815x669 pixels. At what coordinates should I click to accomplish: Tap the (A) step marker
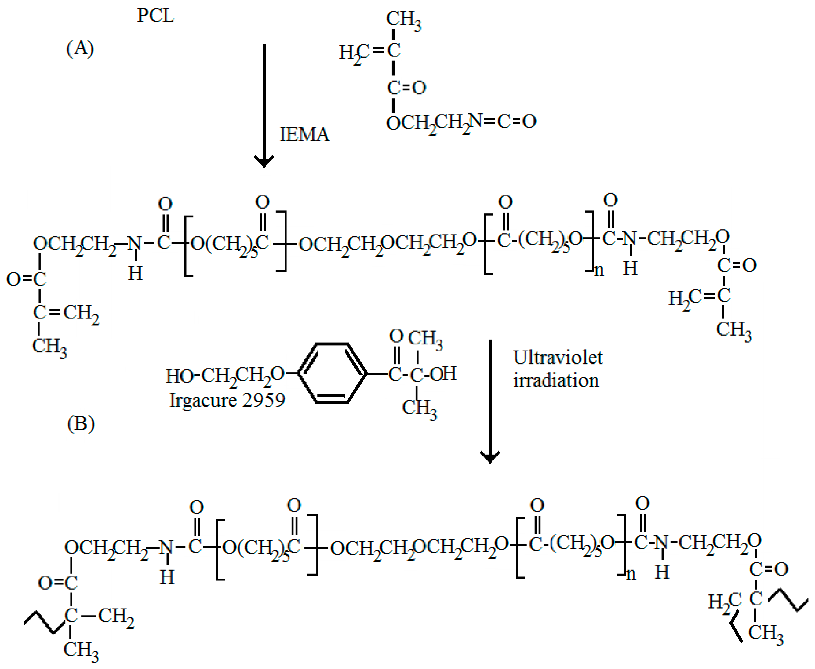(x=80, y=49)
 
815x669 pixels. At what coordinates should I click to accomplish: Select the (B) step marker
(x=81, y=424)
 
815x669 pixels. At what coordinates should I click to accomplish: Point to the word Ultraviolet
(x=558, y=358)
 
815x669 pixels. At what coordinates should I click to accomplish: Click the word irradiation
(x=556, y=381)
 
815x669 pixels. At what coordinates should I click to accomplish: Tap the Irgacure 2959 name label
(x=227, y=400)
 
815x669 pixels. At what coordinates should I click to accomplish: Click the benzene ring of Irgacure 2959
(x=332, y=373)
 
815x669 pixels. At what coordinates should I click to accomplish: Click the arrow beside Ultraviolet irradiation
(x=490, y=401)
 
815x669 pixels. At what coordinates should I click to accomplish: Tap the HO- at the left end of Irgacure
(x=179, y=376)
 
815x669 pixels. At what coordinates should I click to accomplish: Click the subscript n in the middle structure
(x=599, y=271)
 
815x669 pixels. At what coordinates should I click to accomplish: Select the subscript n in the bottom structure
(x=631, y=574)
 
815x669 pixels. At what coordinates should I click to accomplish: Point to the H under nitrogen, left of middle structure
(x=135, y=274)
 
